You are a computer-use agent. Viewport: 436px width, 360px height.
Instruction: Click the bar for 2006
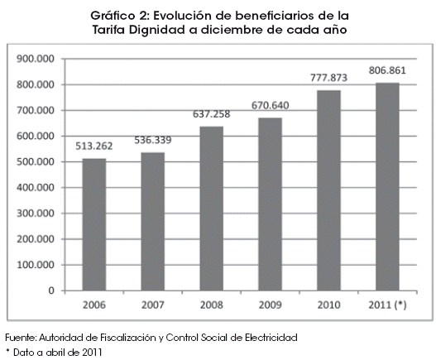94,225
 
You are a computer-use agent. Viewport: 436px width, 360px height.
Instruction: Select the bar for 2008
212,209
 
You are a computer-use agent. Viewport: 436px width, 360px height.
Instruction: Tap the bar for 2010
329,190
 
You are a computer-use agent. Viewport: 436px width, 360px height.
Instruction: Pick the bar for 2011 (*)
388,187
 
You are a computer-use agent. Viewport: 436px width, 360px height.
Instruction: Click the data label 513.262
94,146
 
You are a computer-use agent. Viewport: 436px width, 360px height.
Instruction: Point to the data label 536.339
153,140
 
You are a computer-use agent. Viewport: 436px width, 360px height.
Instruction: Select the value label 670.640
271,105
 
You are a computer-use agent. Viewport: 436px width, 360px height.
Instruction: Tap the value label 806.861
387,70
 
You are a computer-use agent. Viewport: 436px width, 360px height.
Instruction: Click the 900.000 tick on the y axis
36,59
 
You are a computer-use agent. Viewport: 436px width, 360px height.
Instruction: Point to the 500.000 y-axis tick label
36,162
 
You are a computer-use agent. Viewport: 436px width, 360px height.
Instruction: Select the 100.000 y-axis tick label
36,265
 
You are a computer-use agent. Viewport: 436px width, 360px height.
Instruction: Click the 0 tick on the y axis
51,290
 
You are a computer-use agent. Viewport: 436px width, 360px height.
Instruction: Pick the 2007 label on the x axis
153,305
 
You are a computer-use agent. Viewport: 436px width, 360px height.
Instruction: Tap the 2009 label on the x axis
271,305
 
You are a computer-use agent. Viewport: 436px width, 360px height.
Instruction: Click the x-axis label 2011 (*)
388,305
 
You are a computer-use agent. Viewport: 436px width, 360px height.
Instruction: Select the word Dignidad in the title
157,30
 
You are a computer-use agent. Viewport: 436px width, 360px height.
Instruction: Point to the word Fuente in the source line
20,338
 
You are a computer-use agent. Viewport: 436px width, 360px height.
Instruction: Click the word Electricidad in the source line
271,338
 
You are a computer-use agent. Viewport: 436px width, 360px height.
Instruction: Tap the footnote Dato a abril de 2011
58,353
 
